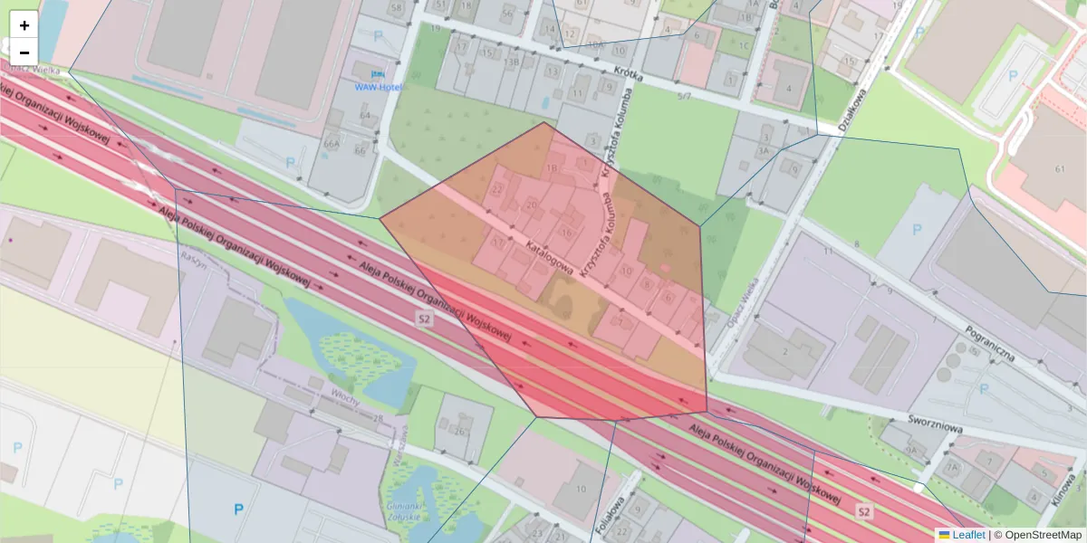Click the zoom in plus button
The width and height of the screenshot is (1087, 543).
coord(24,25)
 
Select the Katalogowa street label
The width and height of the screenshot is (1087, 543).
coord(549,256)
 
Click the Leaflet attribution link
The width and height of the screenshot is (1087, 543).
coord(967,535)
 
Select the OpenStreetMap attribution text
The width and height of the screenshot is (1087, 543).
coord(1042,535)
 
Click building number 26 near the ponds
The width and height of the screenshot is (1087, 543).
coord(460,431)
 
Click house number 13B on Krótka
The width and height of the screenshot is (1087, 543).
coord(513,62)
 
